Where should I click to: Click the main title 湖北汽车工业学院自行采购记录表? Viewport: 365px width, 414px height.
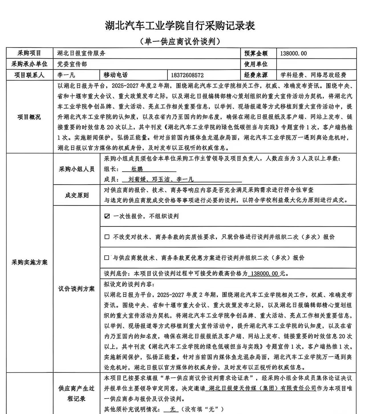[x=180, y=26]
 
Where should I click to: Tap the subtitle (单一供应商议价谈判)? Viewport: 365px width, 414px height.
[x=181, y=42]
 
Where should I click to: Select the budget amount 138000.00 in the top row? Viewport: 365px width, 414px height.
[x=293, y=53]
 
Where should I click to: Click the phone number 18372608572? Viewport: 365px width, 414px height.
[x=187, y=75]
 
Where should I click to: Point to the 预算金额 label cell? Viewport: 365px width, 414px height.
[x=256, y=53]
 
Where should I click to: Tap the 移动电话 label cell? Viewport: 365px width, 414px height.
[x=115, y=75]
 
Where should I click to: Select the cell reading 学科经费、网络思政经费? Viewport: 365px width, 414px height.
[x=313, y=75]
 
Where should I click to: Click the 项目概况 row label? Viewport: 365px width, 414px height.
[x=29, y=117]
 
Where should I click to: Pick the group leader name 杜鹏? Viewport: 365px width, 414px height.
[x=137, y=169]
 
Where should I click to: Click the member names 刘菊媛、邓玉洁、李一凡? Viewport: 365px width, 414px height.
[x=161, y=179]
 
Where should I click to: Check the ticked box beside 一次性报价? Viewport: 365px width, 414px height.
[x=107, y=216]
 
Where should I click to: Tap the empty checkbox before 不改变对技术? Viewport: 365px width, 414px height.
[x=107, y=237]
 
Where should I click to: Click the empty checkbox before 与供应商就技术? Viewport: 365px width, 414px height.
[x=107, y=258]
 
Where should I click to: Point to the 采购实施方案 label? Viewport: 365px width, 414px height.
[x=29, y=262]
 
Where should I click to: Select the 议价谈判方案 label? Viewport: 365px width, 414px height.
[x=76, y=289]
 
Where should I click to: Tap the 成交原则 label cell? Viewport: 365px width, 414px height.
[x=76, y=195]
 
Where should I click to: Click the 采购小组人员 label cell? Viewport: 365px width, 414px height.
[x=76, y=169]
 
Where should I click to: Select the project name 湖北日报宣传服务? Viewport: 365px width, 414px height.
[x=82, y=53]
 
